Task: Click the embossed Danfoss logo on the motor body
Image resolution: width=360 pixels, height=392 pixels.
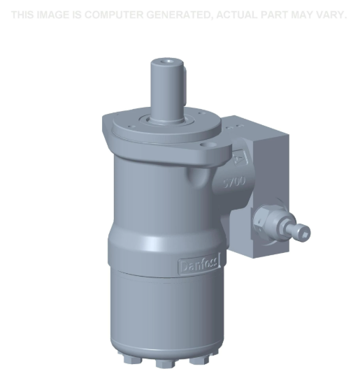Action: (200, 265)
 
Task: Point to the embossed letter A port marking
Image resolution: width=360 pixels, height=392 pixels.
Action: (241, 159)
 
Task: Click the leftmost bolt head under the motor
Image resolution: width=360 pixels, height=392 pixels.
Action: (129, 359)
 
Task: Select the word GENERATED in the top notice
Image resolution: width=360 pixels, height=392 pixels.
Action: (176, 15)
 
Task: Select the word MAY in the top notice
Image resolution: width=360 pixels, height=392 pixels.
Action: (305, 15)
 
